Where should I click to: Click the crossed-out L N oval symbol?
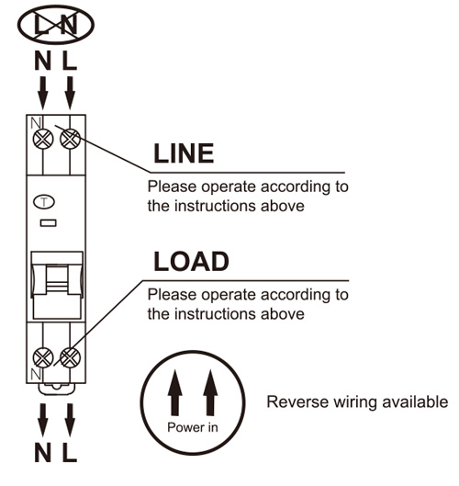pyautogui.click(x=56, y=25)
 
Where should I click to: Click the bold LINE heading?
pyautogui.click(x=184, y=153)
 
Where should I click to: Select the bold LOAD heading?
pyautogui.click(x=192, y=261)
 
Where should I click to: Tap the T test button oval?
pyautogui.click(x=44, y=202)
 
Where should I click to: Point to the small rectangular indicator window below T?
pyautogui.click(x=49, y=223)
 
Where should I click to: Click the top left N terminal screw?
pyautogui.click(x=43, y=139)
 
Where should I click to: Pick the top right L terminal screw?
pyautogui.click(x=70, y=139)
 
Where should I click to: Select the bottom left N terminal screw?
pyautogui.click(x=43, y=357)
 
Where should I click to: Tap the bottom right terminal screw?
pyautogui.click(x=70, y=357)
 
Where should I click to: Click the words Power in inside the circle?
pyautogui.click(x=193, y=427)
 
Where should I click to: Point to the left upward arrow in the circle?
pyautogui.click(x=174, y=392)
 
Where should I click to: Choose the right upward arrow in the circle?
pyautogui.click(x=210, y=392)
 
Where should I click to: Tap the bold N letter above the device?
pyautogui.click(x=43, y=61)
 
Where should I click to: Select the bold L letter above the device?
pyautogui.click(x=70, y=61)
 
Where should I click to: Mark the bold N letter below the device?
pyautogui.click(x=43, y=453)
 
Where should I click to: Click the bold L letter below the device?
pyautogui.click(x=70, y=453)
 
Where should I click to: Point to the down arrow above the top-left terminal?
pyautogui.click(x=43, y=93)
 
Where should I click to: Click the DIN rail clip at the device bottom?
pyautogui.click(x=57, y=389)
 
